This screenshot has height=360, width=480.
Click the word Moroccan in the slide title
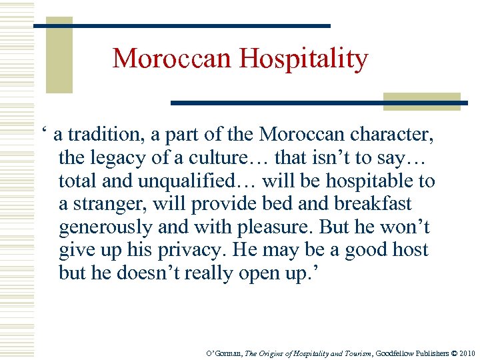click(x=173, y=59)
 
